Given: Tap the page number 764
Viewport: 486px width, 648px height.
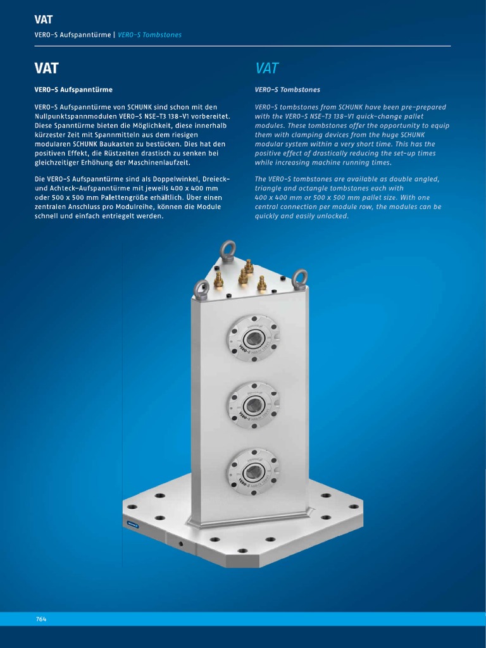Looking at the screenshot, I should [x=41, y=619].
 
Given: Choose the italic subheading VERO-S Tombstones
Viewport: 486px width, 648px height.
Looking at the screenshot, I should [x=287, y=90].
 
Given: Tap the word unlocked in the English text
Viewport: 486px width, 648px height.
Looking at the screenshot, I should [x=330, y=216].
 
